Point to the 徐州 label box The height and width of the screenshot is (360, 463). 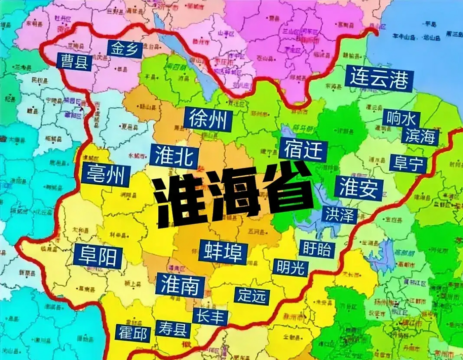(x=208, y=120)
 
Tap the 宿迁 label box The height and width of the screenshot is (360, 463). (x=303, y=150)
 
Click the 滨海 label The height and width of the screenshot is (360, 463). (x=420, y=136)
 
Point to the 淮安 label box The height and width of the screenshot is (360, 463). (x=358, y=187)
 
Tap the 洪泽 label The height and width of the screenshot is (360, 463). (x=340, y=215)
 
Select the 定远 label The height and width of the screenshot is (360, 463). (x=251, y=295)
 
